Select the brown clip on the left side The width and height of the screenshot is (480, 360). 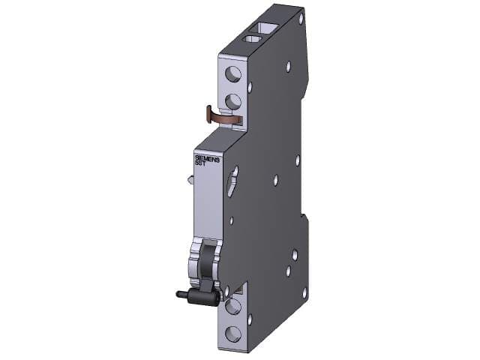(221, 115)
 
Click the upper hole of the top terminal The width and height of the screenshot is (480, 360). (234, 73)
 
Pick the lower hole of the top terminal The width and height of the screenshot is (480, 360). (234, 101)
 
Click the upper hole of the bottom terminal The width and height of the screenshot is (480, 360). (233, 306)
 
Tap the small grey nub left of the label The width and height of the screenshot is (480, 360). (191, 179)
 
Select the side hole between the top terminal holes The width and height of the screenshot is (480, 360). (250, 88)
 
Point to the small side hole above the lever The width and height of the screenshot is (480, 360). (231, 220)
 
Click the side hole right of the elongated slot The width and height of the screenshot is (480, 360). (276, 179)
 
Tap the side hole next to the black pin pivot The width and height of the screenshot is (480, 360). (226, 289)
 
